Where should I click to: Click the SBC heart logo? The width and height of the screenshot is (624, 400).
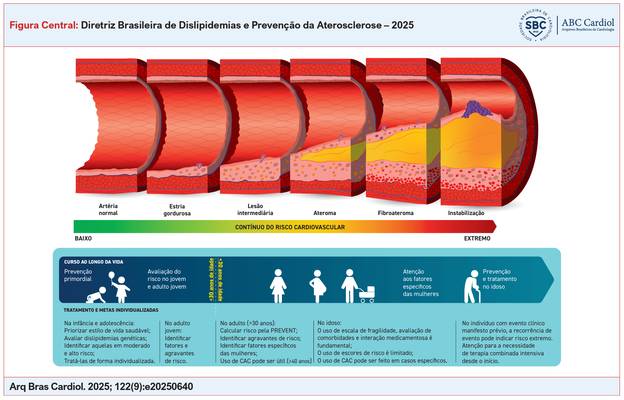[535, 26]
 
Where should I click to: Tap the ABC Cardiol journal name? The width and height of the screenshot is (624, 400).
[588, 23]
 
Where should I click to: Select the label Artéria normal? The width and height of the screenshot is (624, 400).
[108, 210]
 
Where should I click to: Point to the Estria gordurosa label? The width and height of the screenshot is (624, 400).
[177, 210]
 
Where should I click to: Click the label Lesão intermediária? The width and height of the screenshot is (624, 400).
[255, 210]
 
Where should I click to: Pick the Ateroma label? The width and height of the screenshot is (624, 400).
[325, 213]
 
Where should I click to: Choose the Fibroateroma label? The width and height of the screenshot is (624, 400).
[396, 213]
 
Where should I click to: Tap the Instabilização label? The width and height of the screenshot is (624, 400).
[466, 213]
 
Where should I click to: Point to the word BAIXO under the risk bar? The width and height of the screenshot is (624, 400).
[83, 239]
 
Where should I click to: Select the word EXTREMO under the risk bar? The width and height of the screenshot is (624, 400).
[477, 239]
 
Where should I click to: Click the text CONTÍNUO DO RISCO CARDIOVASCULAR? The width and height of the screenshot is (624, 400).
[290, 227]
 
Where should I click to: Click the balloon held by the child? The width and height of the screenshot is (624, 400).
[112, 275]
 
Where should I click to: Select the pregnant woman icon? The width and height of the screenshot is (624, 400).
[318, 286]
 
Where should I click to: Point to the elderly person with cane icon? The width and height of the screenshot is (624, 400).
[472, 287]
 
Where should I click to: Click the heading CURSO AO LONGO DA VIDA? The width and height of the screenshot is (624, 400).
[94, 262]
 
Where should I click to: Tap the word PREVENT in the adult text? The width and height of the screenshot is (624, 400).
[284, 331]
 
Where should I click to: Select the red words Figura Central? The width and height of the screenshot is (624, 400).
[44, 25]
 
